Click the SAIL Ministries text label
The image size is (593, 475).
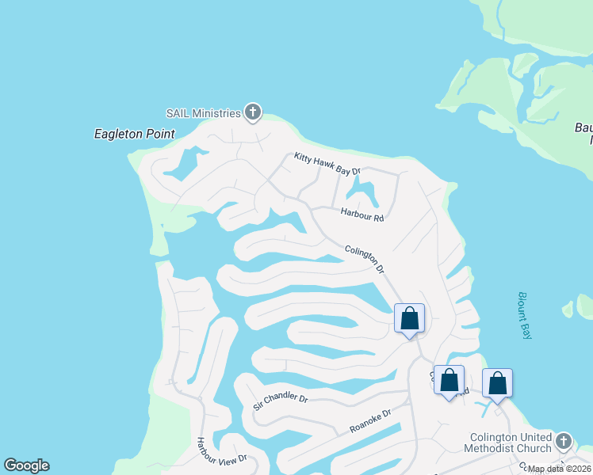point(202,113)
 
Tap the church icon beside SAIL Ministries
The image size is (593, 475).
point(253,112)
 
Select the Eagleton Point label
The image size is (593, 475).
point(134,134)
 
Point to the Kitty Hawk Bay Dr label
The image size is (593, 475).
point(327,164)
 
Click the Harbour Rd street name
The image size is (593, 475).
point(362,213)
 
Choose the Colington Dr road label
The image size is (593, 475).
point(365,260)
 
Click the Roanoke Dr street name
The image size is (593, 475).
point(370,421)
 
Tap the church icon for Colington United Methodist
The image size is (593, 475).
point(564,440)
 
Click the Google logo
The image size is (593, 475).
point(26,465)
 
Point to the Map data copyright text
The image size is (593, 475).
point(560,469)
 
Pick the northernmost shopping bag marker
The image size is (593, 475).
point(409,319)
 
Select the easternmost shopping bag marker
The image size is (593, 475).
point(497,383)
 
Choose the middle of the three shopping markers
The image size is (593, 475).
point(449,381)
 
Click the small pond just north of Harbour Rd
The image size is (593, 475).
point(362,190)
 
